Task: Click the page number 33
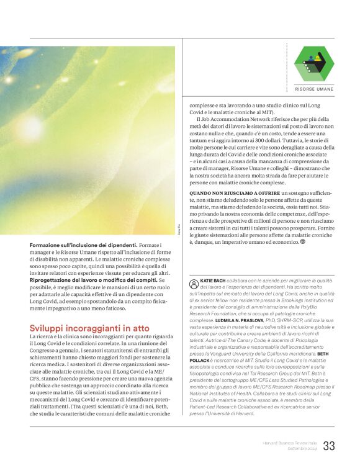329,446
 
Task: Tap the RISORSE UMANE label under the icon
313,89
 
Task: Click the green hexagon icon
313,63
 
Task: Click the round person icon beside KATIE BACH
194,282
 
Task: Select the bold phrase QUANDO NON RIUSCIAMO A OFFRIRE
234,194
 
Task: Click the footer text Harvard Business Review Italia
289,443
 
